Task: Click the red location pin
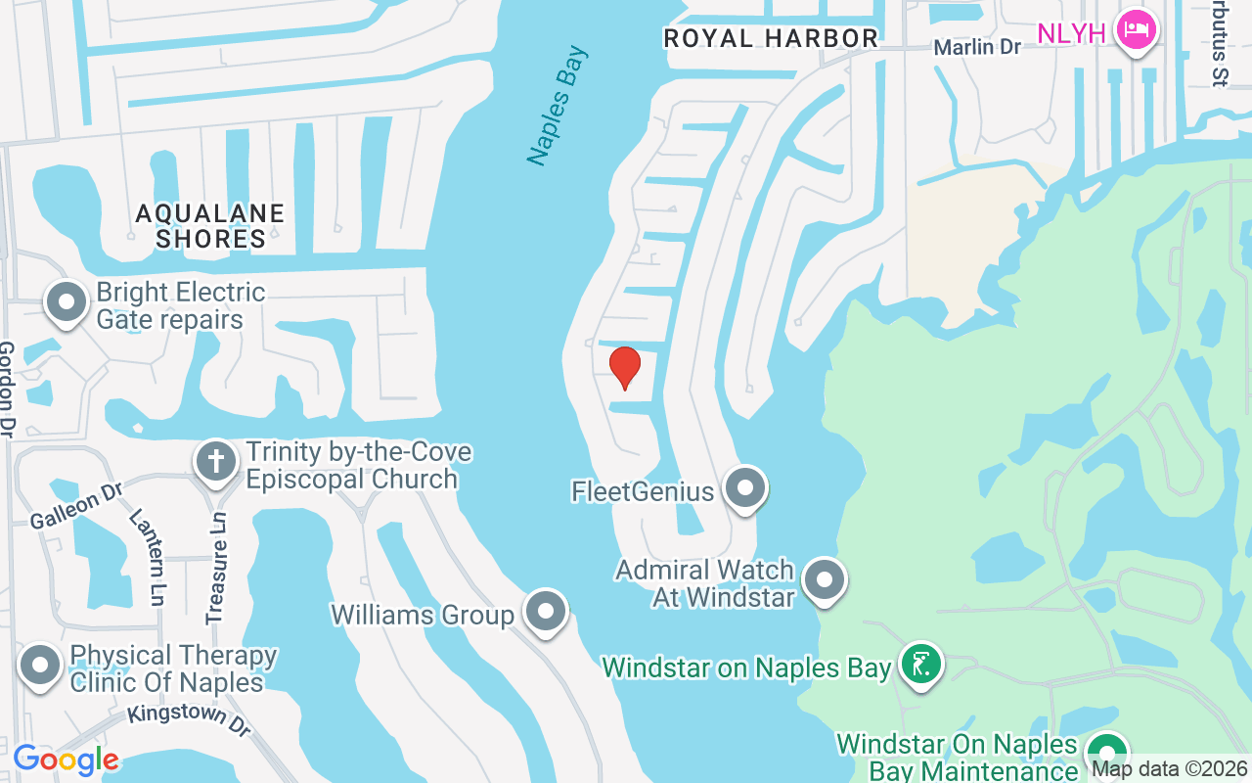624,367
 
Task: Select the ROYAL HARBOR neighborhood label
771,38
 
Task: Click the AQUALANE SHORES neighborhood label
209,226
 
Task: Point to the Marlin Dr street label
976,47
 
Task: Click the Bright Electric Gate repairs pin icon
67,301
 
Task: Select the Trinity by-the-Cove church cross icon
216,460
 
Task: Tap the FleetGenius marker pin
745,486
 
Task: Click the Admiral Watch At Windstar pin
824,579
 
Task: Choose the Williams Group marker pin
545,612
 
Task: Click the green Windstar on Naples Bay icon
919,665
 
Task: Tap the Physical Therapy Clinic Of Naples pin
40,666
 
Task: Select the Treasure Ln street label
216,569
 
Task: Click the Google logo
66,760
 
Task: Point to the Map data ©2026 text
1170,768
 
